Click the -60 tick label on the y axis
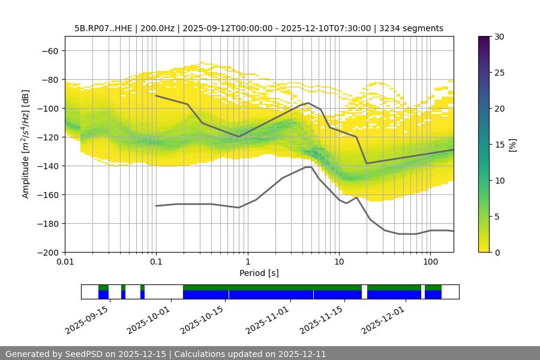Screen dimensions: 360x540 coord(50,50)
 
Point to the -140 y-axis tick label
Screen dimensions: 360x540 coord(48,166)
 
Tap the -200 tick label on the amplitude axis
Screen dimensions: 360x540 coord(48,252)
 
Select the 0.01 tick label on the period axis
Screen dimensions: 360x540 coord(65,261)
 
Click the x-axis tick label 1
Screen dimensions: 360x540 coord(247,261)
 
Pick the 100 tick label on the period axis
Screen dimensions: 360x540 coord(430,261)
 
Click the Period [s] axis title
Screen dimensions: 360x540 coord(259,273)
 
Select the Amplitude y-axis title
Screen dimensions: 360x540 coord(26,144)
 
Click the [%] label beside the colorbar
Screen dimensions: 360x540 coord(513,145)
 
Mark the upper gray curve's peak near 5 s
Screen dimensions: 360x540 coord(308,103)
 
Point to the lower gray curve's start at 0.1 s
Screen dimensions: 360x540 coord(156,206)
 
